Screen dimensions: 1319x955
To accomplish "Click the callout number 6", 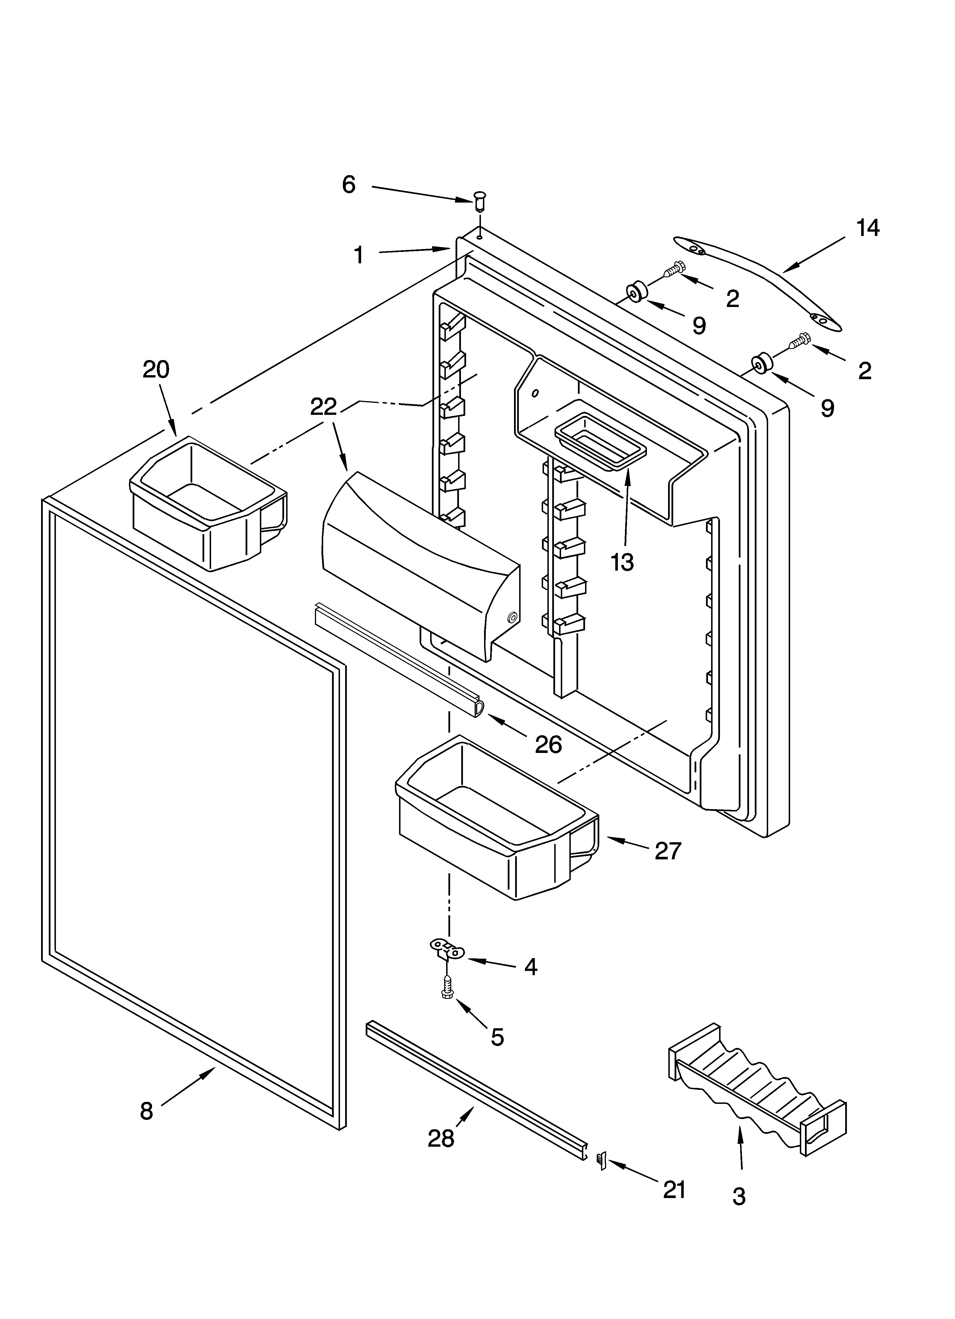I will click(348, 185).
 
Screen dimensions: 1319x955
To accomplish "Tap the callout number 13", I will click(622, 562).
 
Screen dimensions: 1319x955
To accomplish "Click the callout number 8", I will click(147, 1111).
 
